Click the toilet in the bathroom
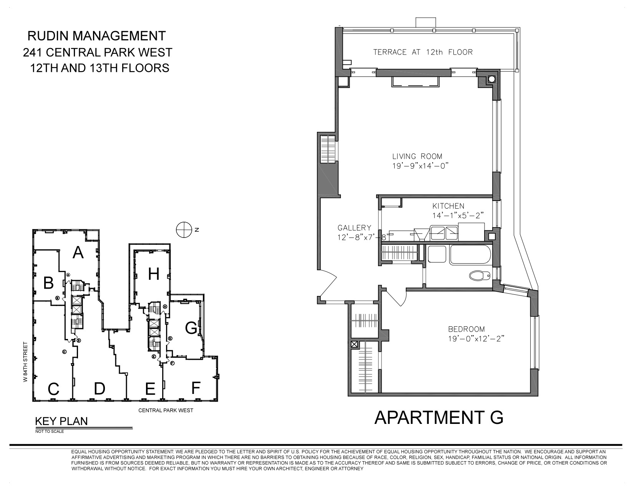point(480,275)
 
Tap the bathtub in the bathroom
point(470,255)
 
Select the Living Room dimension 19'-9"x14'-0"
point(420,166)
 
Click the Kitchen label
point(448,206)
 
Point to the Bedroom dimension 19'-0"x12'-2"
point(476,339)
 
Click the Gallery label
point(354,228)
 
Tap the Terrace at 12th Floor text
point(423,52)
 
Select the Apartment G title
point(438,417)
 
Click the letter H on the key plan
point(153,274)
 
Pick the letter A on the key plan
point(78,253)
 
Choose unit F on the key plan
point(196,388)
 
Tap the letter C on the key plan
point(53,389)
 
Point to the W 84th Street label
point(26,361)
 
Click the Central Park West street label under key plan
point(166,410)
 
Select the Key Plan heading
point(61,421)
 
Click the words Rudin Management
point(96,36)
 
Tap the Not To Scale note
point(50,431)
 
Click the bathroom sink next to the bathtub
point(436,254)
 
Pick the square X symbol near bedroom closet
point(354,345)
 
